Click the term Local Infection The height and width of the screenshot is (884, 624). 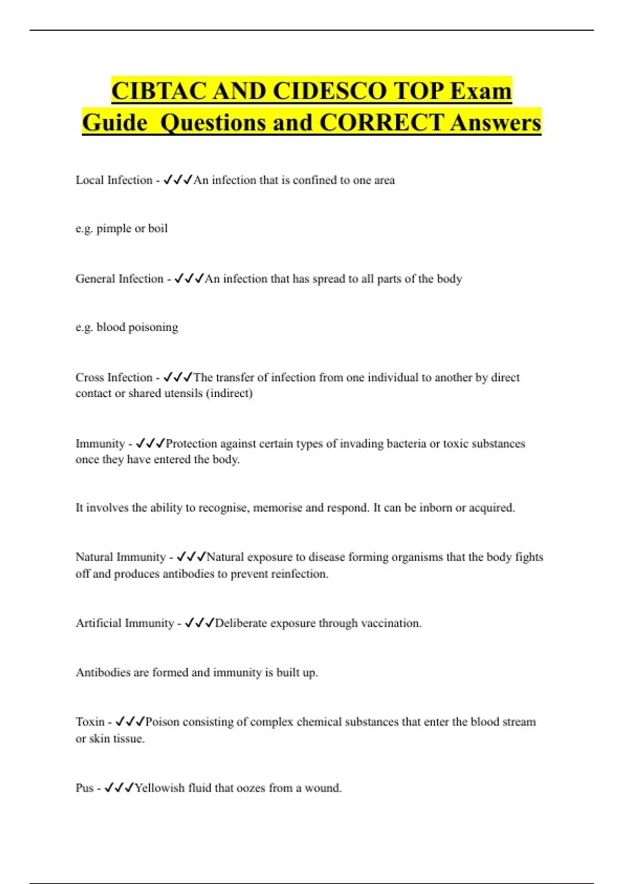[x=114, y=180]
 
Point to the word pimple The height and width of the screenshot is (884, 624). [x=114, y=229]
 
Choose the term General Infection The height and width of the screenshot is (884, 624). [x=119, y=279]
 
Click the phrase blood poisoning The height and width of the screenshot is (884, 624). [x=137, y=328]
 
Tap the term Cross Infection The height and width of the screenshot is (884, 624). [x=114, y=378]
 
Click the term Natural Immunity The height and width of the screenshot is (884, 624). [x=120, y=557]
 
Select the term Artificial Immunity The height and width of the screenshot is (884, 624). [x=125, y=623]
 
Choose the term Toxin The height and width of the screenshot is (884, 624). [x=90, y=722]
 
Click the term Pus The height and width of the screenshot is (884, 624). [x=84, y=788]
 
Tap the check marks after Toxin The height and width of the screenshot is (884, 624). [x=130, y=722]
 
